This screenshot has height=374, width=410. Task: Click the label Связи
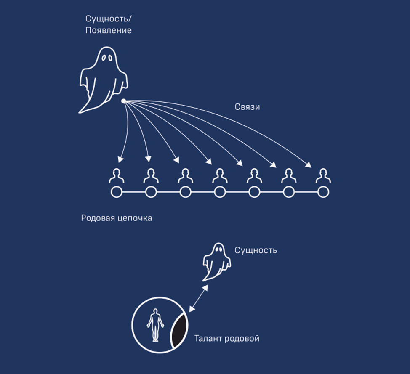point(247,107)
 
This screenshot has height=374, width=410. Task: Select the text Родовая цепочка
point(116,219)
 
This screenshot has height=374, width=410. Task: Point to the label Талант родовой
point(226,338)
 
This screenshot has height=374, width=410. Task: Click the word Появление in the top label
point(109,30)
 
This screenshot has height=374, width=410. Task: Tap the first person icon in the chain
point(117,176)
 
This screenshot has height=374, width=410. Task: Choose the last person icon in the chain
point(323,176)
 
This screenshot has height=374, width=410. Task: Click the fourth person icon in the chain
point(220,176)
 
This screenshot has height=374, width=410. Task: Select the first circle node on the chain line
point(117,193)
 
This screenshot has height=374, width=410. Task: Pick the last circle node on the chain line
point(323,193)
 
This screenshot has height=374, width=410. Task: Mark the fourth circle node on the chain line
point(220,193)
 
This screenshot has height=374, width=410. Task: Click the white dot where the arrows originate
point(123,101)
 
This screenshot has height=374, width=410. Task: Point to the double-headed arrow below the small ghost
point(198,298)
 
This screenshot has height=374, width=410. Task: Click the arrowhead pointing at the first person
point(120,160)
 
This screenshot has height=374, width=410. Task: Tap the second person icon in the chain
point(151,176)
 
